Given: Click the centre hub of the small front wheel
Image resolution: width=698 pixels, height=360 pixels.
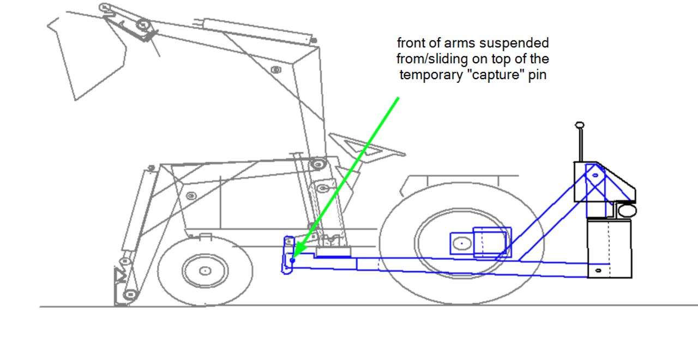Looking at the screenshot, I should click(x=204, y=270).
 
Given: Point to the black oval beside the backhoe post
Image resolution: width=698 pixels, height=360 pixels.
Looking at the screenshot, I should click(x=627, y=211).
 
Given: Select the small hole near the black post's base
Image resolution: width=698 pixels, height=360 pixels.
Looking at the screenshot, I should click(x=598, y=271).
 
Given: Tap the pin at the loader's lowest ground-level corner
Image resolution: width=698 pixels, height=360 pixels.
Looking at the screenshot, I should click(x=129, y=295).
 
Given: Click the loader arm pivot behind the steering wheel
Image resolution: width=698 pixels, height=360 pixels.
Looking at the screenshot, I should click(x=318, y=163).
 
